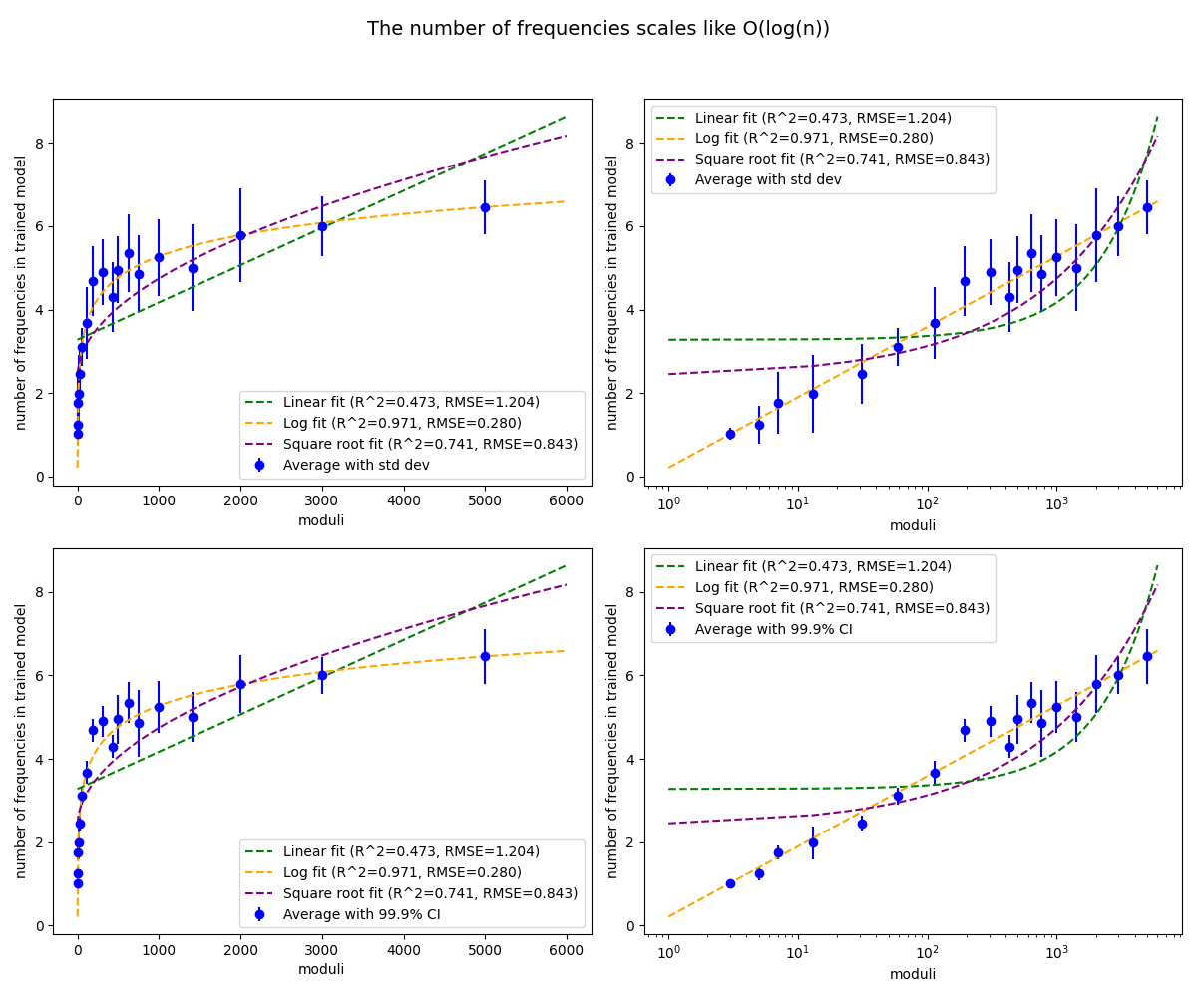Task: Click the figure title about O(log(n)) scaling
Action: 598,29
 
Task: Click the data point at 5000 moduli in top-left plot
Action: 485,207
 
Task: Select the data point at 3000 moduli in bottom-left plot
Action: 322,675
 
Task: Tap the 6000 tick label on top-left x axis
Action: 567,502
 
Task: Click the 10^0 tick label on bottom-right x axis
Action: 669,953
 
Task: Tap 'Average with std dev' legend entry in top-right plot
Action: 768,179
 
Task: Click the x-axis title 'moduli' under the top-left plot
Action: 321,520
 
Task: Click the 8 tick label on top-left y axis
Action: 41,144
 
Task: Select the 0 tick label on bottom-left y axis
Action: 41,926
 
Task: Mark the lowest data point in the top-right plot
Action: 730,434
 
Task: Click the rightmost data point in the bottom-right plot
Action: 1147,656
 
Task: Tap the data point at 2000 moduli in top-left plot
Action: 240,235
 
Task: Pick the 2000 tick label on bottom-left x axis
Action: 240,952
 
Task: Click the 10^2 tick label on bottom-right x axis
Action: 928,953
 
